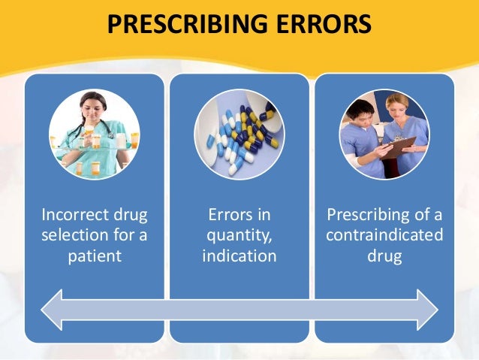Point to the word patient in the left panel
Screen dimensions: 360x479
[x=94, y=256]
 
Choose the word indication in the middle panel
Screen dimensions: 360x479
[x=239, y=256]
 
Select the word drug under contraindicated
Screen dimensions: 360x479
[x=384, y=256]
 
